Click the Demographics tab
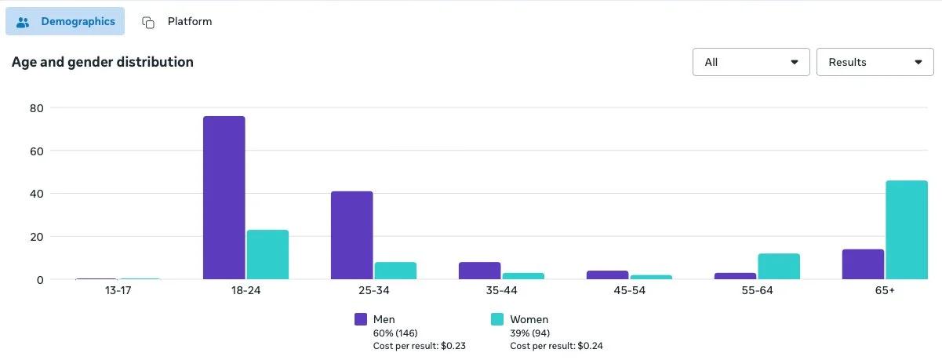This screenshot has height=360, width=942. (65, 22)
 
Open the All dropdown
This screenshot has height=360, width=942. (751, 62)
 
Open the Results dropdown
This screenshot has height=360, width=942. (875, 62)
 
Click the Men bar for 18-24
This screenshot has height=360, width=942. (224, 198)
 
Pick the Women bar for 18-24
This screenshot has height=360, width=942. (267, 254)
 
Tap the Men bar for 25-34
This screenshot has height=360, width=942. (351, 235)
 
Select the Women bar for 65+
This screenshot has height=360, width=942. (906, 230)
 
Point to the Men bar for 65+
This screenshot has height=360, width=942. (863, 264)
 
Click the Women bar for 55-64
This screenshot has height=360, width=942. (779, 267)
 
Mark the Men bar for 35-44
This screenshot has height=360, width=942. (479, 271)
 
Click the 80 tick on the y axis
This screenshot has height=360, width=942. (36, 107)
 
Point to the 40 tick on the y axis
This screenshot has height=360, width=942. (36, 194)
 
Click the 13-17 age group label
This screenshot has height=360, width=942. (118, 291)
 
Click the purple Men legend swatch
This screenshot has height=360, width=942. (361, 319)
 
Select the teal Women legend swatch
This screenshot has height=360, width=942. (497, 319)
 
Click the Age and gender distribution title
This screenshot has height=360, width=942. (102, 62)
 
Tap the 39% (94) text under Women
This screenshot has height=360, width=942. (529, 333)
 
